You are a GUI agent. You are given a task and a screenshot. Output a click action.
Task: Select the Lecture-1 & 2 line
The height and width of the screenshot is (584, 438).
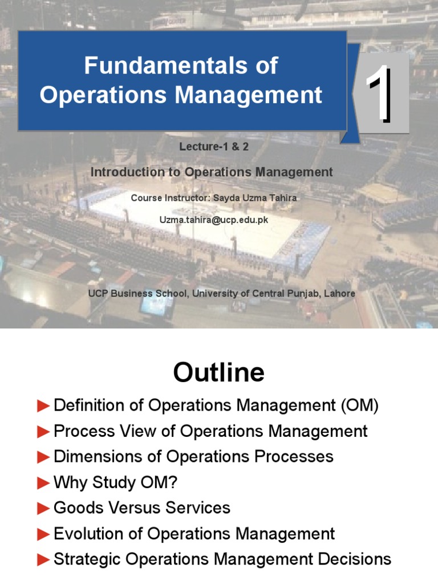tap(214, 147)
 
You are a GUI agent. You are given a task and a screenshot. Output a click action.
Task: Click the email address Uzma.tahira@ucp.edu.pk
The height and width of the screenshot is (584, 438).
tap(214, 219)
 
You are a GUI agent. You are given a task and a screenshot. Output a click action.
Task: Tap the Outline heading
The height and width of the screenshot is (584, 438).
tap(219, 373)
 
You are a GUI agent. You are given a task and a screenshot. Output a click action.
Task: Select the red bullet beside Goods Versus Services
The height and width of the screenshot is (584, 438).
tap(43, 508)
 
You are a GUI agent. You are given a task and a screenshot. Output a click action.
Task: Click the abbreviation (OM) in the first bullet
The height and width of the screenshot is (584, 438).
tap(360, 405)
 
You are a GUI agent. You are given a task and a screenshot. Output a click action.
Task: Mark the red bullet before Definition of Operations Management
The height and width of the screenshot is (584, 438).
tap(43, 405)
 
